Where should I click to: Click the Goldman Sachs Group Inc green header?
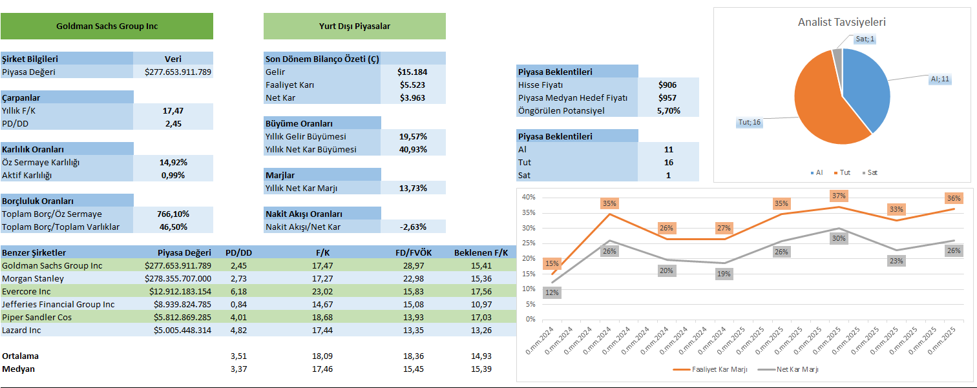coord(107,26)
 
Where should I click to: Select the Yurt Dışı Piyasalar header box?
coord(354,26)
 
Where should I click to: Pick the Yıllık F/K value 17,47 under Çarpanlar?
coord(173,110)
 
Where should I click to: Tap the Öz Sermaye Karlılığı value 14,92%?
coord(173,162)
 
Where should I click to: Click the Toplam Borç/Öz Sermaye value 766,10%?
coord(173,214)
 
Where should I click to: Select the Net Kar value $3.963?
coord(414,97)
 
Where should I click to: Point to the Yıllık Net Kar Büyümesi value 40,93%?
coord(414,149)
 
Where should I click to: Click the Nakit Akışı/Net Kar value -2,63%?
coord(414,227)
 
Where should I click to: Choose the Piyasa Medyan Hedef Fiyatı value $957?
coord(668,97)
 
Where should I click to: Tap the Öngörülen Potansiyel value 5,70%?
coord(668,110)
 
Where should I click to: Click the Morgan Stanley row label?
coord(33,278)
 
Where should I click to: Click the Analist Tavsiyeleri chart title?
coord(841,22)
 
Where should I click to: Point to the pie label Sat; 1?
coord(865,39)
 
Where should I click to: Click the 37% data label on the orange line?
coord(839,196)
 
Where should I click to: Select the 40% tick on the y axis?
coord(529,198)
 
